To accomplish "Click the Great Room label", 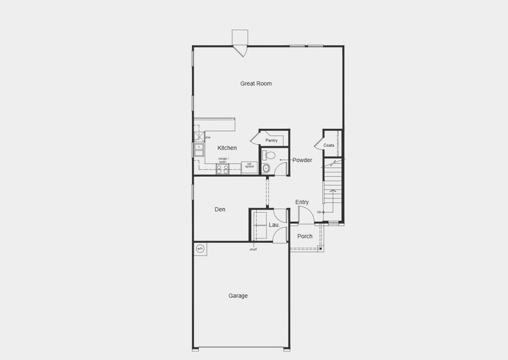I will point(256,83).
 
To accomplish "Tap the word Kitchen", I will point(227,148).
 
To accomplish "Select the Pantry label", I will point(271,140).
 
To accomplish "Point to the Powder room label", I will point(302,160).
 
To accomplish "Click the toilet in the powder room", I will point(269,155).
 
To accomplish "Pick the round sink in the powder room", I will point(266,168).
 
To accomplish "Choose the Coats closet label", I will point(328,145).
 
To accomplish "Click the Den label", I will point(220,209).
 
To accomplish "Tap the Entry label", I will point(302,202).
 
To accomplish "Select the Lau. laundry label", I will point(274,225).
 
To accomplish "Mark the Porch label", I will point(305,236).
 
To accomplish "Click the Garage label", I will point(238,296).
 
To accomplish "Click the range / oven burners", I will point(222,169).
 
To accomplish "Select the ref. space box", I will point(249,166).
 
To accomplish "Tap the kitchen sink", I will point(198,149).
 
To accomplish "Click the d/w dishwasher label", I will point(208,137).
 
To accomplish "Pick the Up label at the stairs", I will point(319,212).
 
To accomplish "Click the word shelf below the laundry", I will point(253,249).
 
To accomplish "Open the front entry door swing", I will point(306,214).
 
